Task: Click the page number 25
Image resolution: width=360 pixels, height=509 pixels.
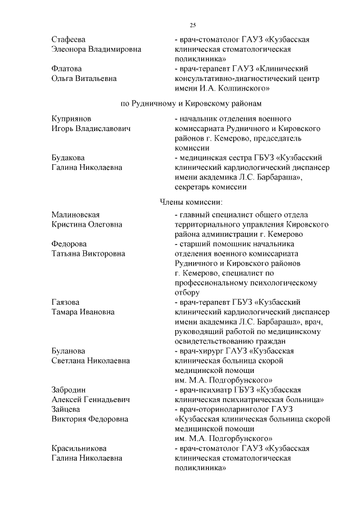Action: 192,25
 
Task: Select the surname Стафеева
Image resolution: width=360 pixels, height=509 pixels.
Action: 68,40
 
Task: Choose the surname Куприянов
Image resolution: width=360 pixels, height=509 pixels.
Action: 71,119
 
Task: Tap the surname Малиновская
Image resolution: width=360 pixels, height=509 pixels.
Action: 75,215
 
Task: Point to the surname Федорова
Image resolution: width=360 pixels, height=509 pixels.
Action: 69,244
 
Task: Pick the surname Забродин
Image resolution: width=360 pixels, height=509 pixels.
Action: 69,390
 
